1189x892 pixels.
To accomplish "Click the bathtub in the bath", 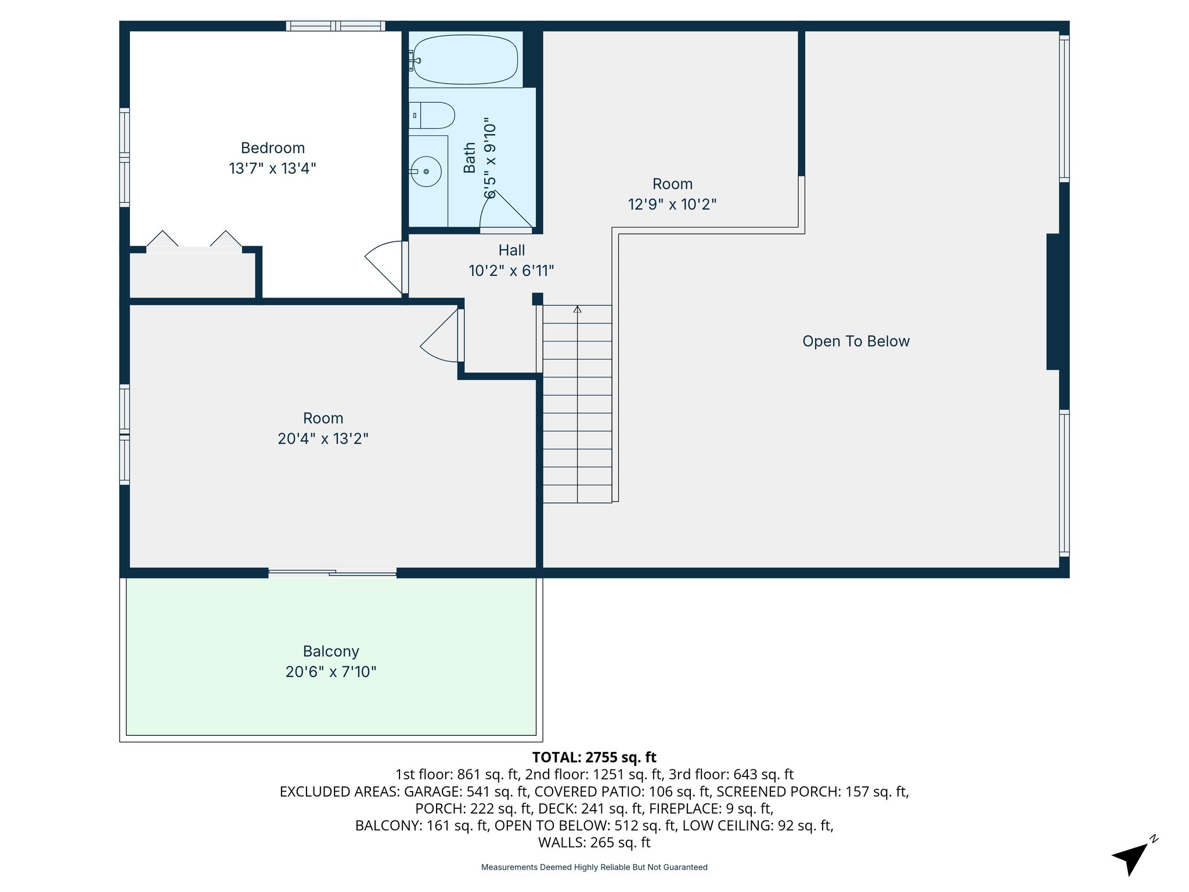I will pos(465,60).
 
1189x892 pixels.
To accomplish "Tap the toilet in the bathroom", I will pos(433,116).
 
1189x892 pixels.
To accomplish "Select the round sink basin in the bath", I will pos(426,172).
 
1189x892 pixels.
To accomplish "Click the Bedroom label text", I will pos(273,148).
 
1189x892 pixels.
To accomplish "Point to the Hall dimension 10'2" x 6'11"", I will pos(511,271).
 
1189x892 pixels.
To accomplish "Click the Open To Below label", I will pos(856,341).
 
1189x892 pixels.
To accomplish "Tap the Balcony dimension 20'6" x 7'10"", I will pos(331,672).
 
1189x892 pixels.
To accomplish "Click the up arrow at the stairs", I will pos(577,310).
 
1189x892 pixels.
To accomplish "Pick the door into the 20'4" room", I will pos(439,336).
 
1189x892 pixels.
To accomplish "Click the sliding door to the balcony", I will pos(332,573).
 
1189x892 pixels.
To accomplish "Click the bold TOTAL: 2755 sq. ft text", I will pos(594,757).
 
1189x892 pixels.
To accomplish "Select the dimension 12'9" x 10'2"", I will pos(672,204).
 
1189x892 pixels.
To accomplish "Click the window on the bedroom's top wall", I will pos(335,26).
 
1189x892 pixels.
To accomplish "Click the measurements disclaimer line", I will pos(594,867).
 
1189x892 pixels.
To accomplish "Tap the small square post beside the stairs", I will pos(538,298).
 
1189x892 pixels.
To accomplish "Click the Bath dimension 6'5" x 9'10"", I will pos(491,160).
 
